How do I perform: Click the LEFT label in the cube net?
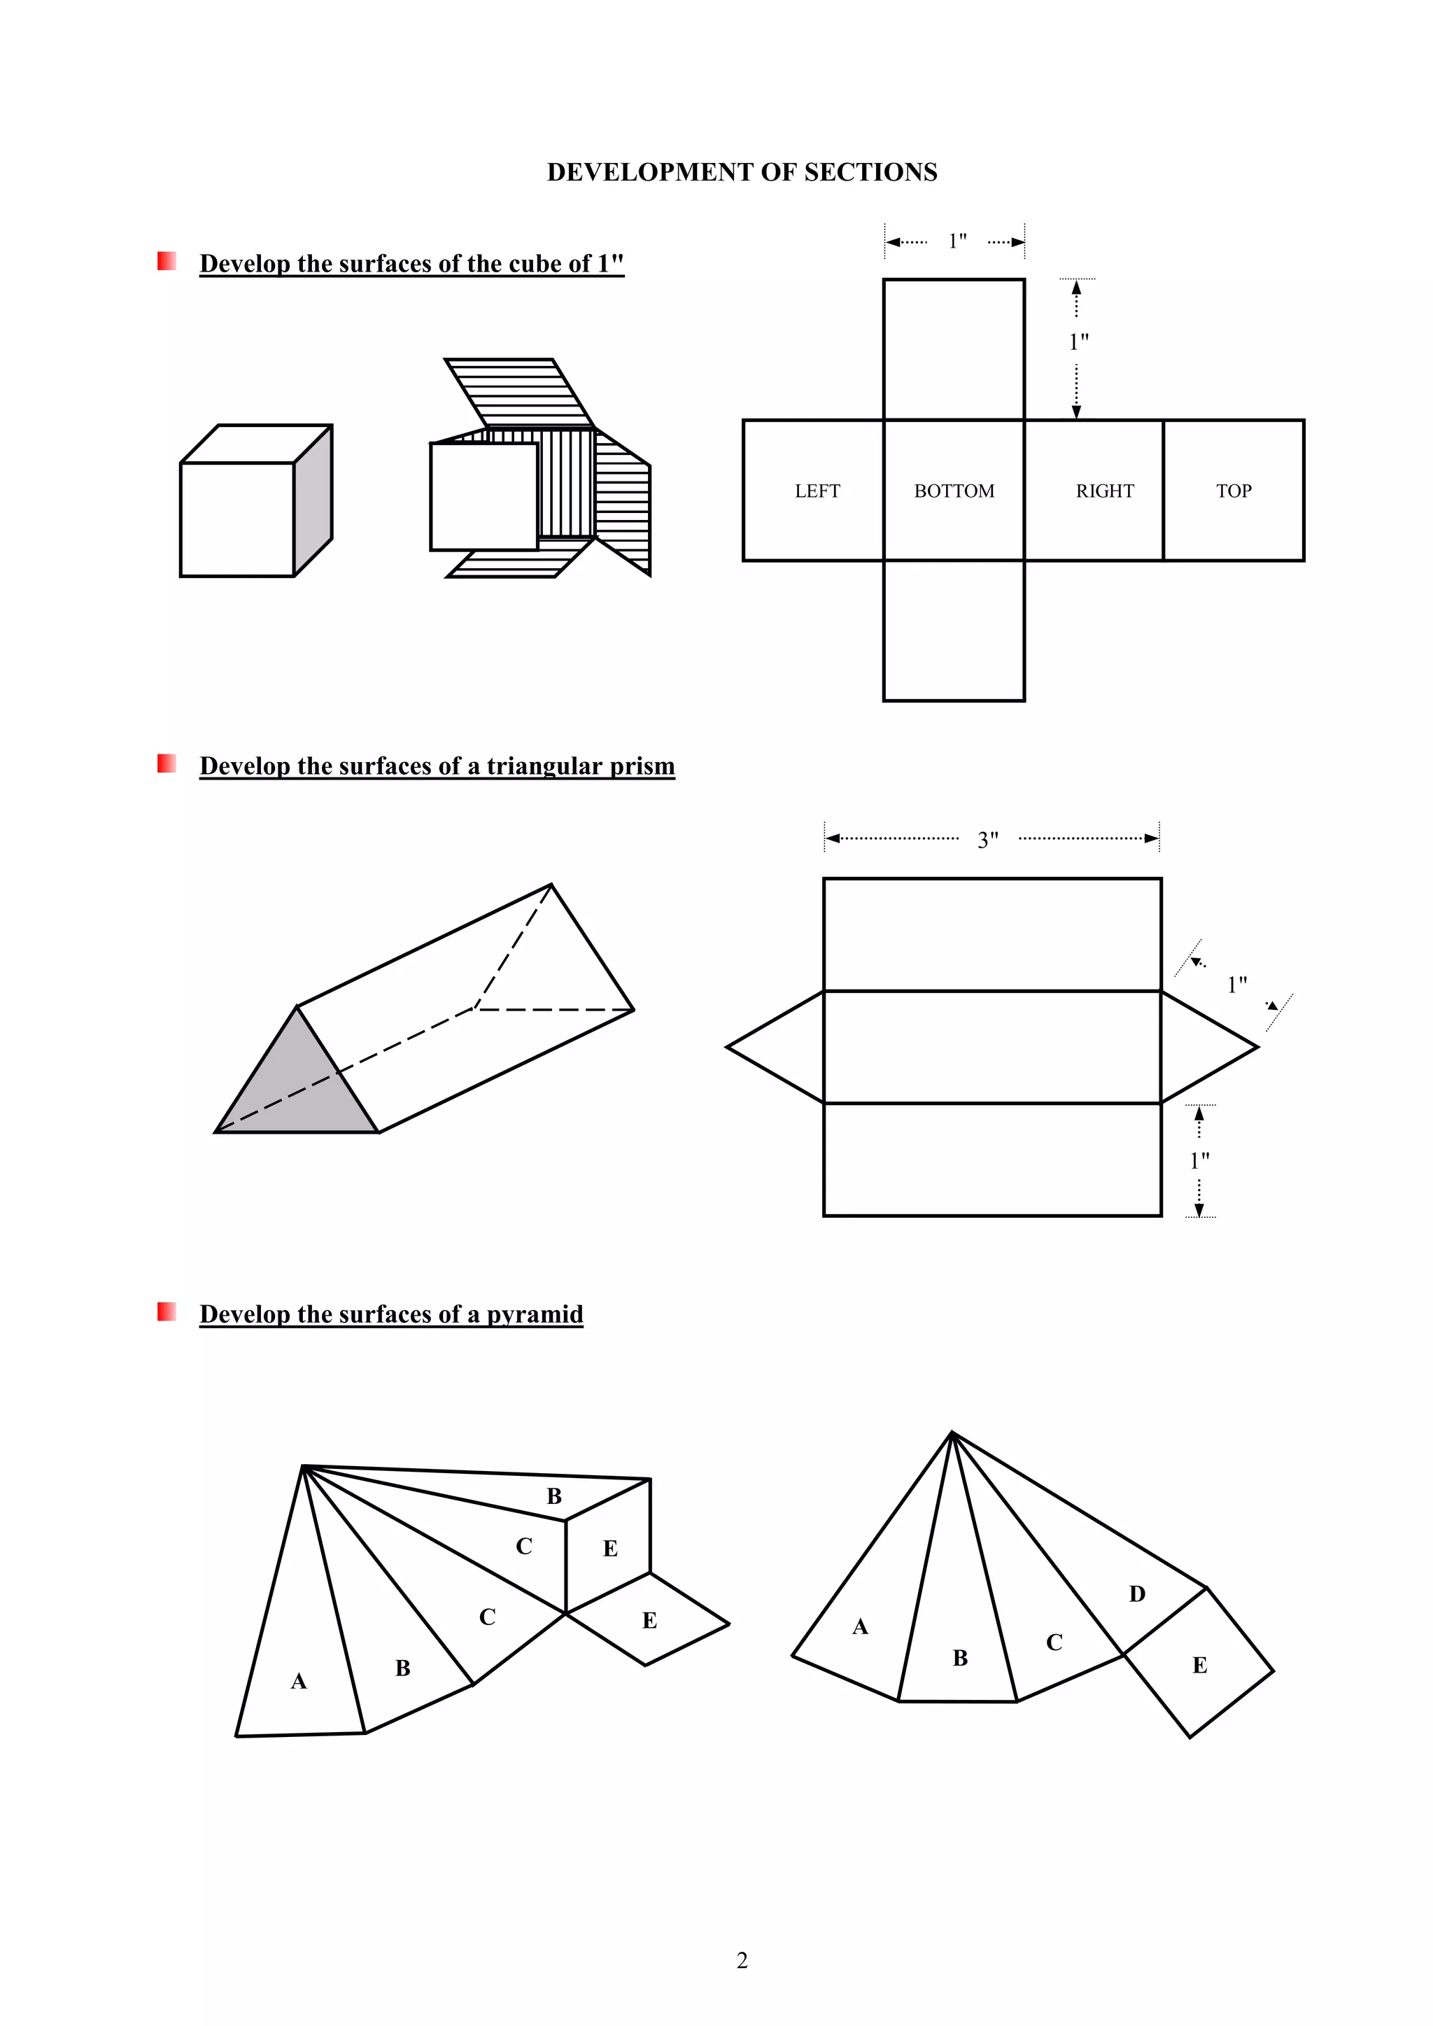817,491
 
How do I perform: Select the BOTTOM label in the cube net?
954,491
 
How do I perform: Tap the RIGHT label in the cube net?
1105,491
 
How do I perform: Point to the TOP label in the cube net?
1234,491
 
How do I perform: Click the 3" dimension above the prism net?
988,839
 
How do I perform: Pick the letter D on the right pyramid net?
1136,1594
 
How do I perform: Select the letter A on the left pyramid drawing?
299,1681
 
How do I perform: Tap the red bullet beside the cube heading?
167,261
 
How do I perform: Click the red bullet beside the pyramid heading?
167,1311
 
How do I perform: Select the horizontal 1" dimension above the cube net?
957,241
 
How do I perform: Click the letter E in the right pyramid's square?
1199,1665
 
